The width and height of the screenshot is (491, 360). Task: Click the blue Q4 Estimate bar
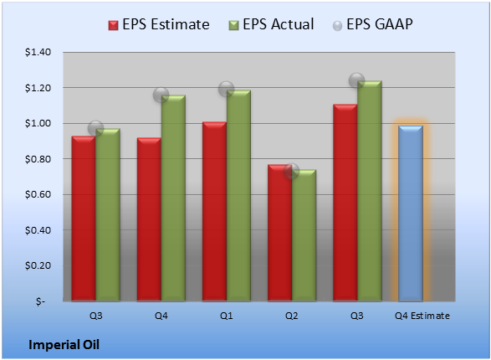(x=411, y=213)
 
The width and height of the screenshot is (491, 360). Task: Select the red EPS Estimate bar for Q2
(x=279, y=233)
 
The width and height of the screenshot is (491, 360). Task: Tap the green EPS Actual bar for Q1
(x=238, y=196)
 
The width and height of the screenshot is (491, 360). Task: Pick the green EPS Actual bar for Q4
(x=173, y=198)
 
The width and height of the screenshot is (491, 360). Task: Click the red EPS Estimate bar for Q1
(x=214, y=212)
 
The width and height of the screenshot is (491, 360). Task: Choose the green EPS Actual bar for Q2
(x=304, y=235)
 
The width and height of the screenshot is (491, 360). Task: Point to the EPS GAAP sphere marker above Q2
(x=292, y=171)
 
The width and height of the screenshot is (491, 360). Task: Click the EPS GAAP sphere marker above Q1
(x=226, y=89)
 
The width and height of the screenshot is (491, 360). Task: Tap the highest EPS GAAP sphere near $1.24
(x=356, y=80)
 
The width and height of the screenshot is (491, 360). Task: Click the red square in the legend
(x=114, y=25)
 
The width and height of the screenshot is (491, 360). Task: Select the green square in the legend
(x=233, y=25)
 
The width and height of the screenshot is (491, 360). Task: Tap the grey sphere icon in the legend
(x=337, y=26)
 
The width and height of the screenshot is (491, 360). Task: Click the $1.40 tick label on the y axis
(x=38, y=52)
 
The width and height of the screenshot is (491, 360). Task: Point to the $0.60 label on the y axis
(x=38, y=194)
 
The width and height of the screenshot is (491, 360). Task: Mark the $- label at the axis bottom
(x=40, y=301)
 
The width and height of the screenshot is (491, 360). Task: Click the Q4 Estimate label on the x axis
(x=422, y=316)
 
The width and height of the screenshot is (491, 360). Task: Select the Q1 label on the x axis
(x=227, y=316)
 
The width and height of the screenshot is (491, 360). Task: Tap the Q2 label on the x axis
(x=292, y=316)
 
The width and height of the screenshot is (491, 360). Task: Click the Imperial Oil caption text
(x=64, y=345)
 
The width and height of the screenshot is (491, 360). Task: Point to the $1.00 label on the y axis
(x=38, y=123)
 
